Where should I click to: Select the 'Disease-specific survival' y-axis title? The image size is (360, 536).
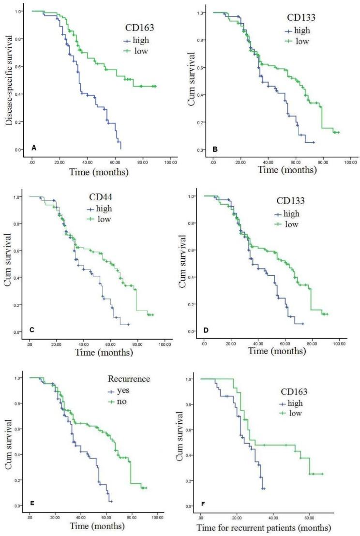tap(9, 81)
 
